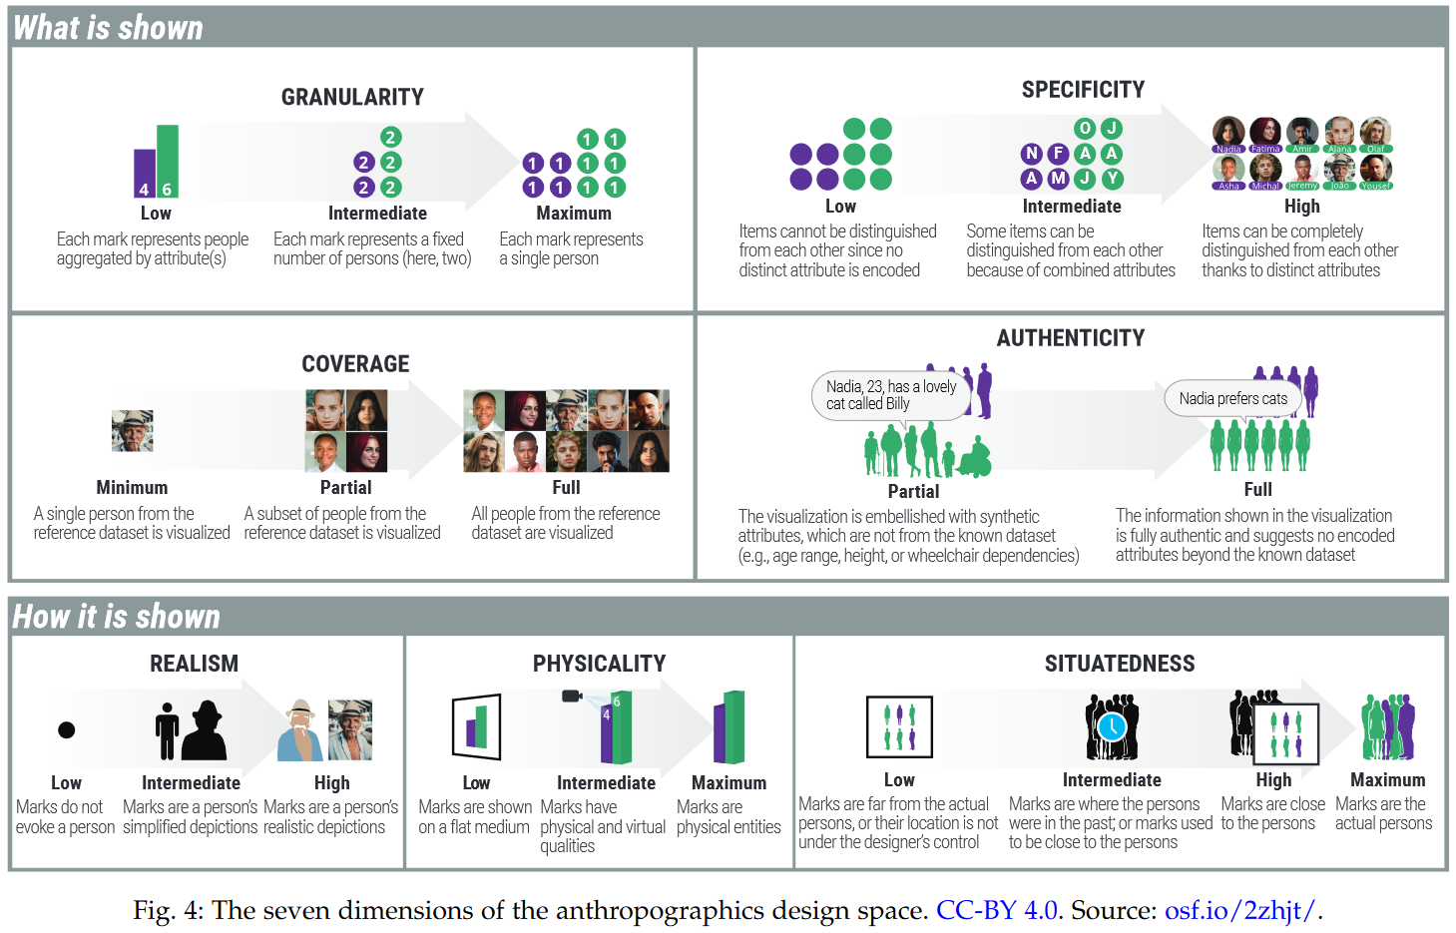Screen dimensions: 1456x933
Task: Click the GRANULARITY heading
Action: tap(352, 97)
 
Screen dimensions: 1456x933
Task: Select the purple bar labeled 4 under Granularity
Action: tap(145, 174)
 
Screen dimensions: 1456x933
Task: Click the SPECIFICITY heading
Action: tap(1083, 90)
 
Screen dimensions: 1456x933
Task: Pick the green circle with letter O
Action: tap(1085, 128)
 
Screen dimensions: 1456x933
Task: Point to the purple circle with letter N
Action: tap(1032, 154)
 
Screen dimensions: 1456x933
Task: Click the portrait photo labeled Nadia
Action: tap(1228, 133)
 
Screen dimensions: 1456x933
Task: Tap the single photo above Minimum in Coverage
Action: tap(133, 431)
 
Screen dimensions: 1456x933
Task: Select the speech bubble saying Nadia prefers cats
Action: tap(1232, 399)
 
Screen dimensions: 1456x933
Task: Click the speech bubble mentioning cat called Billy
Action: tap(890, 395)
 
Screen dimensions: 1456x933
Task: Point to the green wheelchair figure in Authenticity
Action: tap(973, 459)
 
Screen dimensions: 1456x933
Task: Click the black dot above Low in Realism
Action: tap(67, 729)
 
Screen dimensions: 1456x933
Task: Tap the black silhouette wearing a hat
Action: tap(207, 730)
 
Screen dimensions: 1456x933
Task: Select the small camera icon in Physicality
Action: tap(572, 696)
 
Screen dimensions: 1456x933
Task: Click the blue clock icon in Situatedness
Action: tap(1112, 726)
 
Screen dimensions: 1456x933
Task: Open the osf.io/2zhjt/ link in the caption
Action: tap(1240, 910)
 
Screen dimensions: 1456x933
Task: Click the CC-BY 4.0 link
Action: tap(996, 910)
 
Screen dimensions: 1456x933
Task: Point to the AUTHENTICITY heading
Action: tap(1071, 338)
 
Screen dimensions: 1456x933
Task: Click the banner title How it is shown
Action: tap(117, 617)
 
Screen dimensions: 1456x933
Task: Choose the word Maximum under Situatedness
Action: tap(1387, 780)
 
